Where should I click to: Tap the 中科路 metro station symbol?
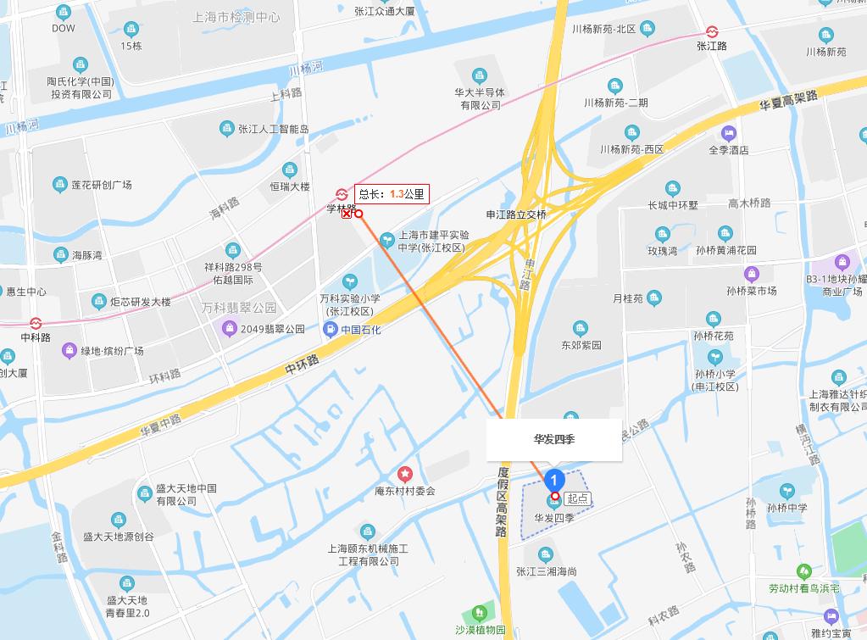[x=36, y=323]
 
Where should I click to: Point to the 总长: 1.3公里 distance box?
[x=391, y=193]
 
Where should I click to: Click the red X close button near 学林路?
[x=346, y=214]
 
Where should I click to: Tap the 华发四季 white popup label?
[x=553, y=440]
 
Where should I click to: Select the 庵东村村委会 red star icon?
[x=405, y=474]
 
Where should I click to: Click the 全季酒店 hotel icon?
[x=728, y=133]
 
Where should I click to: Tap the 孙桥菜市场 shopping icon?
[x=751, y=274]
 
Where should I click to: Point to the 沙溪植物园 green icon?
[x=480, y=612]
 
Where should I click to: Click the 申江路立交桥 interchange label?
[x=515, y=214]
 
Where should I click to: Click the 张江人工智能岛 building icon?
[x=226, y=129]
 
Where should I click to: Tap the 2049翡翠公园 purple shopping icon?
[x=228, y=328]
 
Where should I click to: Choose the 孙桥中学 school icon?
[x=786, y=491]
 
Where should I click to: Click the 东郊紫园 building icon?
[x=580, y=328]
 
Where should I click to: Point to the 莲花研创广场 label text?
[x=102, y=185]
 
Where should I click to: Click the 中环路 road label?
[x=302, y=365]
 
